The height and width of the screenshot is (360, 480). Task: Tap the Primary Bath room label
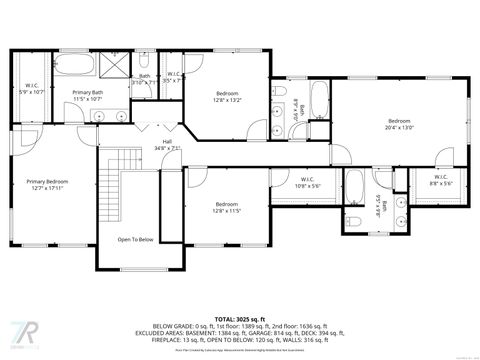pyautogui.click(x=88, y=96)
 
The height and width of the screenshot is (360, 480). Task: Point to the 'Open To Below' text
pyautogui.click(x=135, y=240)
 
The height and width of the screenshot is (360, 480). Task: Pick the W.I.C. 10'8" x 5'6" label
pyautogui.click(x=308, y=183)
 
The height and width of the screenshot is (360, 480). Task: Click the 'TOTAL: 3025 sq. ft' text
pyautogui.click(x=240, y=313)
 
